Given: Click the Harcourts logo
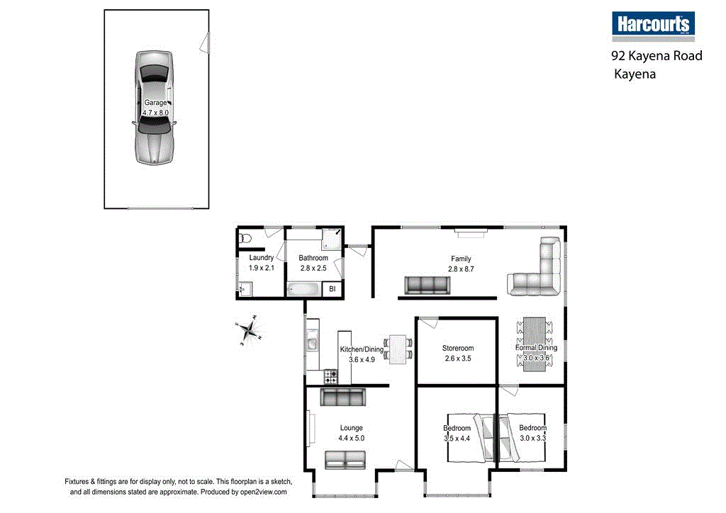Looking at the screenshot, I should [x=653, y=25].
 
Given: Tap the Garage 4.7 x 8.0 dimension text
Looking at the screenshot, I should [x=156, y=113].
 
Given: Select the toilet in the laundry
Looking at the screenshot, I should [x=245, y=238].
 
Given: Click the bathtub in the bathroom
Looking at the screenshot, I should [x=304, y=289].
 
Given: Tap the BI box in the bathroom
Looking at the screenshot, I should [x=331, y=289].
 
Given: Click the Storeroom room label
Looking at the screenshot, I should [x=457, y=348].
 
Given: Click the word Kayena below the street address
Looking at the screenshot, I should [x=635, y=73].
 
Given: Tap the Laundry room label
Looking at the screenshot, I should [x=262, y=258].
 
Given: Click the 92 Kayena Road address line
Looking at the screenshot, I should [x=657, y=55].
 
